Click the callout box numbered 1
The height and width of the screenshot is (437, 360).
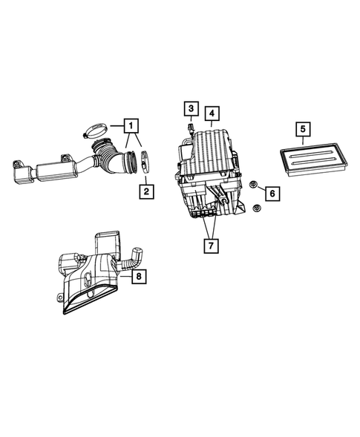[131, 125]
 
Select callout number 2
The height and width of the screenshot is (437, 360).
[146, 192]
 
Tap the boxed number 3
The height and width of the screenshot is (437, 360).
[191, 110]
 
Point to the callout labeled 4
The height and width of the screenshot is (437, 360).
[212, 114]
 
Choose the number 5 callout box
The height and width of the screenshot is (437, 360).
[303, 131]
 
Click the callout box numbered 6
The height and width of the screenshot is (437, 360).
[272, 194]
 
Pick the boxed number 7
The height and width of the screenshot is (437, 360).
[212, 243]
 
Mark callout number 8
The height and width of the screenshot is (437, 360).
[138, 277]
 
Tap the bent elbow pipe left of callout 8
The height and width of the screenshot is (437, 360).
[134, 257]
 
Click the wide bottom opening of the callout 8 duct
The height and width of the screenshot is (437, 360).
[89, 305]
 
